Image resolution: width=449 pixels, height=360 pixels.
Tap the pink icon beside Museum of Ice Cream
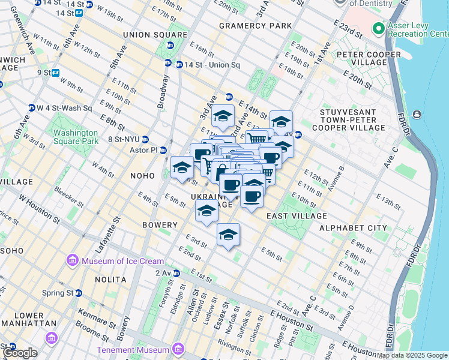(73, 260)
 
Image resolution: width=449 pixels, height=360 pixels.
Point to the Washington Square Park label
(74, 137)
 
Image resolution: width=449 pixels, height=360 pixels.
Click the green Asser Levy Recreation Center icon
(378, 28)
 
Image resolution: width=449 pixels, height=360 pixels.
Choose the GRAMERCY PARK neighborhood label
(255, 26)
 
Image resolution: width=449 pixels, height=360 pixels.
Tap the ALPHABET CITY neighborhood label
(353, 228)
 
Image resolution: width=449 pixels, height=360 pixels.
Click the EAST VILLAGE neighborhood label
(297, 215)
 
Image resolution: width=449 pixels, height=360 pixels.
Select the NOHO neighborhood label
(142, 176)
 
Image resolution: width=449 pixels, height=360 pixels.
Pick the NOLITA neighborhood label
(110, 280)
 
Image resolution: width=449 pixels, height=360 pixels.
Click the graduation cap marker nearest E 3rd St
(228, 235)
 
